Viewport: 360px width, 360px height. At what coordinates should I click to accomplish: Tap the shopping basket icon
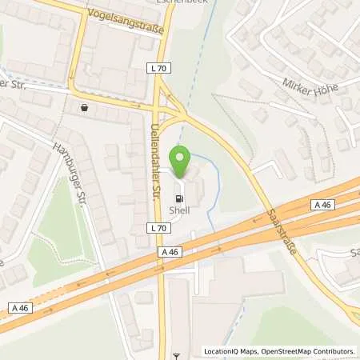84,106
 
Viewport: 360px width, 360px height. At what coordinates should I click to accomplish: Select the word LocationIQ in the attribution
219,351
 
